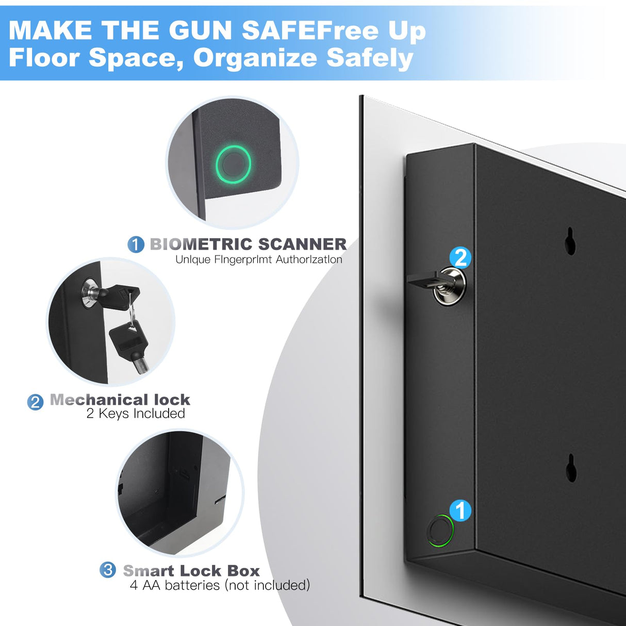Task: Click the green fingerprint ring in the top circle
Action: coord(234,164)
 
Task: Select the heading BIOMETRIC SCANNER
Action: coord(248,244)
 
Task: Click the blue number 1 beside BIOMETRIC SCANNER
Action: coord(136,244)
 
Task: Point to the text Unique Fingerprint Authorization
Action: coord(258,259)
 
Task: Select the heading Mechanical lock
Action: coord(120,400)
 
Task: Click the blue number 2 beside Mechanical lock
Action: coord(35,402)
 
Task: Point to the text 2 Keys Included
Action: coord(136,414)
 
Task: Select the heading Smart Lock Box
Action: coord(191,571)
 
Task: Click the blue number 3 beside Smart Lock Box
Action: coord(108,570)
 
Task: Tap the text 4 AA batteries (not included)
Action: coord(220,585)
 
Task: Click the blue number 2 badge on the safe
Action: coord(460,257)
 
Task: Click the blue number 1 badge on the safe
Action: coord(460,510)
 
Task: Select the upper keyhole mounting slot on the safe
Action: coord(570,241)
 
